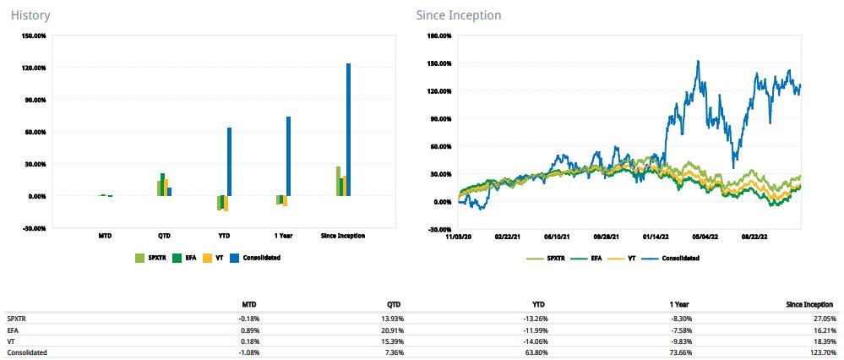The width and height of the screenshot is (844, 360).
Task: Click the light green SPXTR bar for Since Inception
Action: click(x=338, y=181)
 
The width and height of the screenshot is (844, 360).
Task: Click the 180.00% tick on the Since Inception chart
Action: click(x=439, y=36)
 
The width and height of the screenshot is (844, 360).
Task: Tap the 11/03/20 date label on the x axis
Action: click(x=457, y=237)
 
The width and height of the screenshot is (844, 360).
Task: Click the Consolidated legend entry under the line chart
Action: click(x=676, y=259)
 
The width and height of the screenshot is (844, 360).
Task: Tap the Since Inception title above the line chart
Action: click(x=459, y=14)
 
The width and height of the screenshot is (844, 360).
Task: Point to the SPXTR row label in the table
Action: click(x=15, y=318)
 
